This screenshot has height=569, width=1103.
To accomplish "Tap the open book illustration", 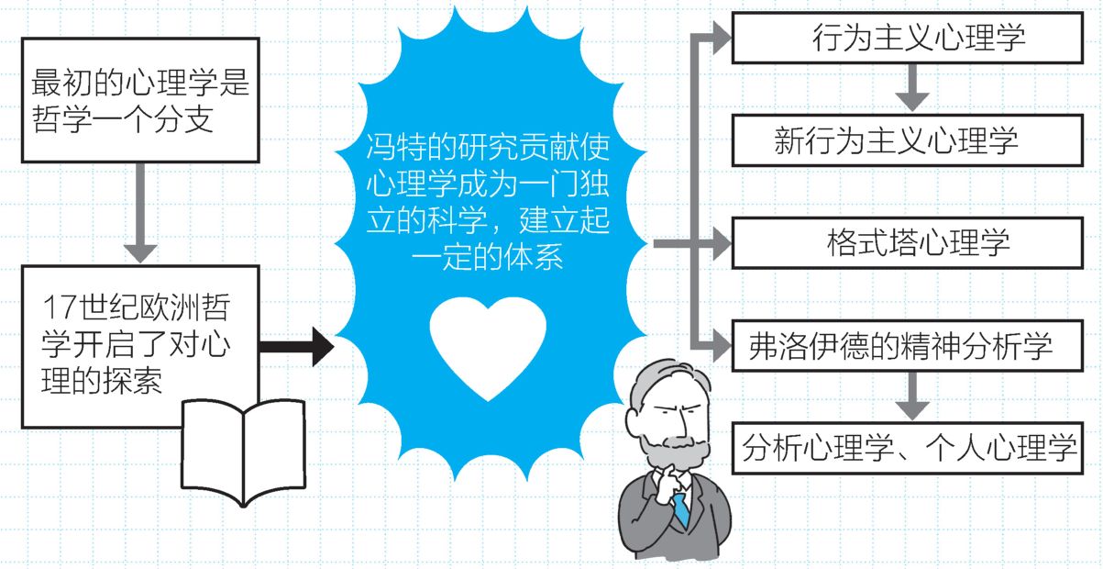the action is pyautogui.click(x=244, y=452).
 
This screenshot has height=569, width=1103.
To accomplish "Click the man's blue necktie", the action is pyautogui.click(x=681, y=510).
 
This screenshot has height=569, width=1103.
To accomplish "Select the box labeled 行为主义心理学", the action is pyautogui.click(x=908, y=38).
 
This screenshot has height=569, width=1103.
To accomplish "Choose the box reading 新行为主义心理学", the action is pyautogui.click(x=908, y=140).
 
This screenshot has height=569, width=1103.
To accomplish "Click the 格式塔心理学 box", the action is pyautogui.click(x=908, y=243).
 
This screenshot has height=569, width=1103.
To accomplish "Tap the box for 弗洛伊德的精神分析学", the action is pyautogui.click(x=908, y=346).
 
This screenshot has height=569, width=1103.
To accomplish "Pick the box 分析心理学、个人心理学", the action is pyautogui.click(x=908, y=448).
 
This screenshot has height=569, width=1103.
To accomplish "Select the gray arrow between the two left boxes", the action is pyautogui.click(x=140, y=213).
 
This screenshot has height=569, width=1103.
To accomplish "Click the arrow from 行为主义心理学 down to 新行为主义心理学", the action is pyautogui.click(x=912, y=88).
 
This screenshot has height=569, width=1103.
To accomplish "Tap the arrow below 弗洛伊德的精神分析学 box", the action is pyautogui.click(x=912, y=396).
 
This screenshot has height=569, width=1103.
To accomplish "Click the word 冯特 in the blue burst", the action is pyautogui.click(x=396, y=147).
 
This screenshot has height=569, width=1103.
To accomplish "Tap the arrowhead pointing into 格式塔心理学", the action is pyautogui.click(x=722, y=243).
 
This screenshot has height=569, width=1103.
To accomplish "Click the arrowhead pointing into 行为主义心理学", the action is pyautogui.click(x=722, y=38).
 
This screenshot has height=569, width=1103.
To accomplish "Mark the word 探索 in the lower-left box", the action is pyautogui.click(x=132, y=381).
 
